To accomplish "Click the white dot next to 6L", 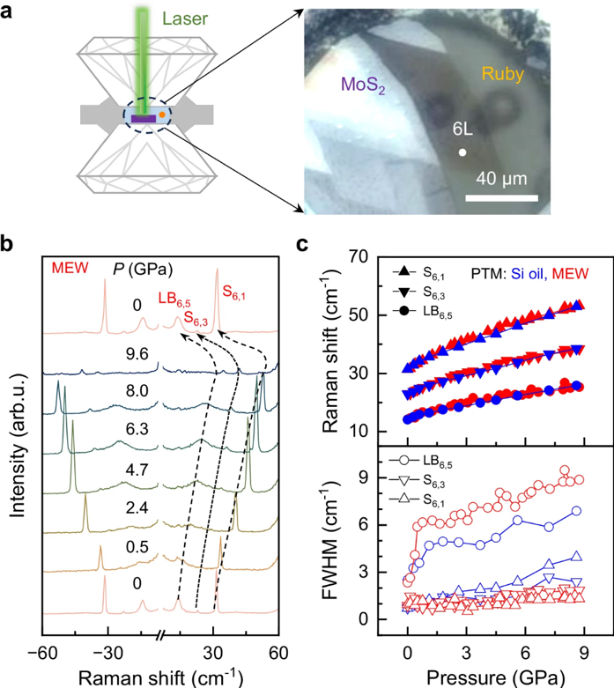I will [x=462, y=152].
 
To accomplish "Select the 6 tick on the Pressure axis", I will [x=525, y=650].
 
